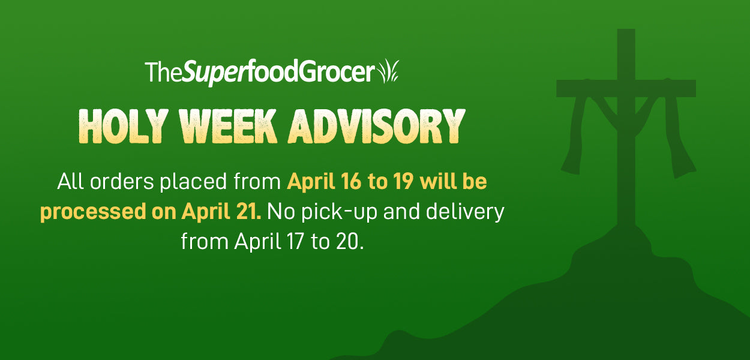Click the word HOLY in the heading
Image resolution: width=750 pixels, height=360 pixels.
(124, 126)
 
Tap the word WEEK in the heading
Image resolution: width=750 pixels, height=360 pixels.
(228, 126)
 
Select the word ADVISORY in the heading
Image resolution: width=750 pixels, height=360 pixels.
(377, 126)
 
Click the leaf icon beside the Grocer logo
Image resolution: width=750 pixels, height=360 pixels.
(388, 71)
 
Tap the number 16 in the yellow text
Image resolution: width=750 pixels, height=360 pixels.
(351, 182)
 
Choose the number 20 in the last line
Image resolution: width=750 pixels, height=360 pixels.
(348, 241)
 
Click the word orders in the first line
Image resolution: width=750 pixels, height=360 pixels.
(122, 182)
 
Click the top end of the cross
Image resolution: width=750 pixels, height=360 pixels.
(626, 30)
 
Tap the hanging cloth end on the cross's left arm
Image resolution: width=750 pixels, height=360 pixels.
(571, 164)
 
